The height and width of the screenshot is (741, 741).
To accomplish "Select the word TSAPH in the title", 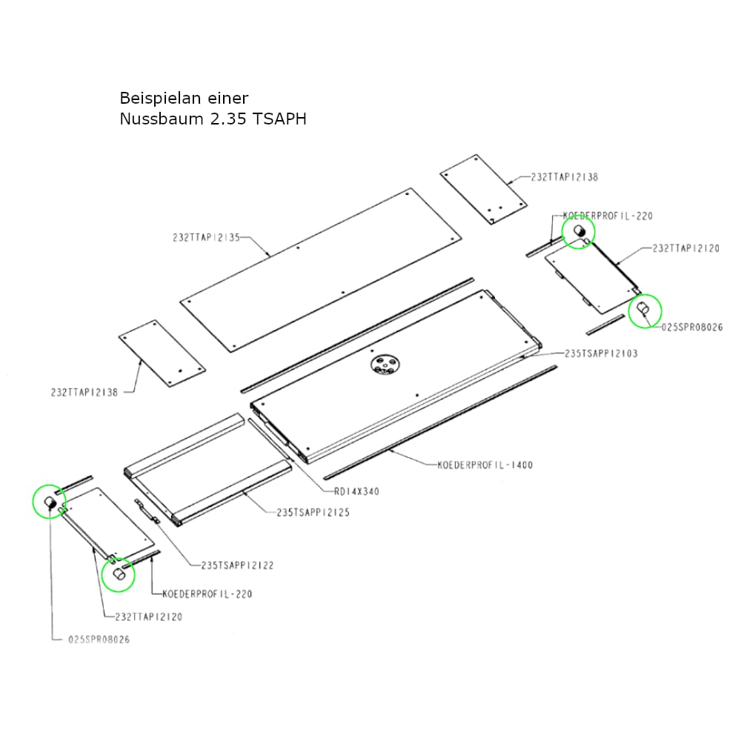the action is (279, 119).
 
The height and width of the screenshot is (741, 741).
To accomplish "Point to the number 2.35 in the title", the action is (228, 119).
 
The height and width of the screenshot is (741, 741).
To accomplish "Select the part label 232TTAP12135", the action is (207, 237).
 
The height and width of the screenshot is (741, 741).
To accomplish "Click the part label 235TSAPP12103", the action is (601, 353).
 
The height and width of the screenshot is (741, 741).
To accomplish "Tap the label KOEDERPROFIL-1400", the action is (485, 465).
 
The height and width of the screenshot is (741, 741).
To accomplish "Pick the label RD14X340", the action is (357, 491).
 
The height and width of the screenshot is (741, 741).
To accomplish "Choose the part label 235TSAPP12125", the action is (313, 512).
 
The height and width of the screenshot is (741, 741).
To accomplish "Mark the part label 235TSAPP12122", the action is (238, 565).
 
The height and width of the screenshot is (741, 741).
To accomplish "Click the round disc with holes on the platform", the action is (385, 365).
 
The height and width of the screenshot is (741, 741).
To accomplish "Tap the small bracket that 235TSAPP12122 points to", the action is (147, 511).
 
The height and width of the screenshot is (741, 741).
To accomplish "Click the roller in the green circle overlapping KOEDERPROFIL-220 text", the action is (579, 231).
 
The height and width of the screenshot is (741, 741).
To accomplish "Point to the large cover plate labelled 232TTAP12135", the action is (321, 270).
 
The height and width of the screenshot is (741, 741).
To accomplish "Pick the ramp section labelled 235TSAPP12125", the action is (208, 470).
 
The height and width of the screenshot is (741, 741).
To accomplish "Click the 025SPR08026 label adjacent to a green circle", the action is (692, 327).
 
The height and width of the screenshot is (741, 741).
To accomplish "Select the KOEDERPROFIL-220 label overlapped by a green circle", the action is (608, 216).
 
